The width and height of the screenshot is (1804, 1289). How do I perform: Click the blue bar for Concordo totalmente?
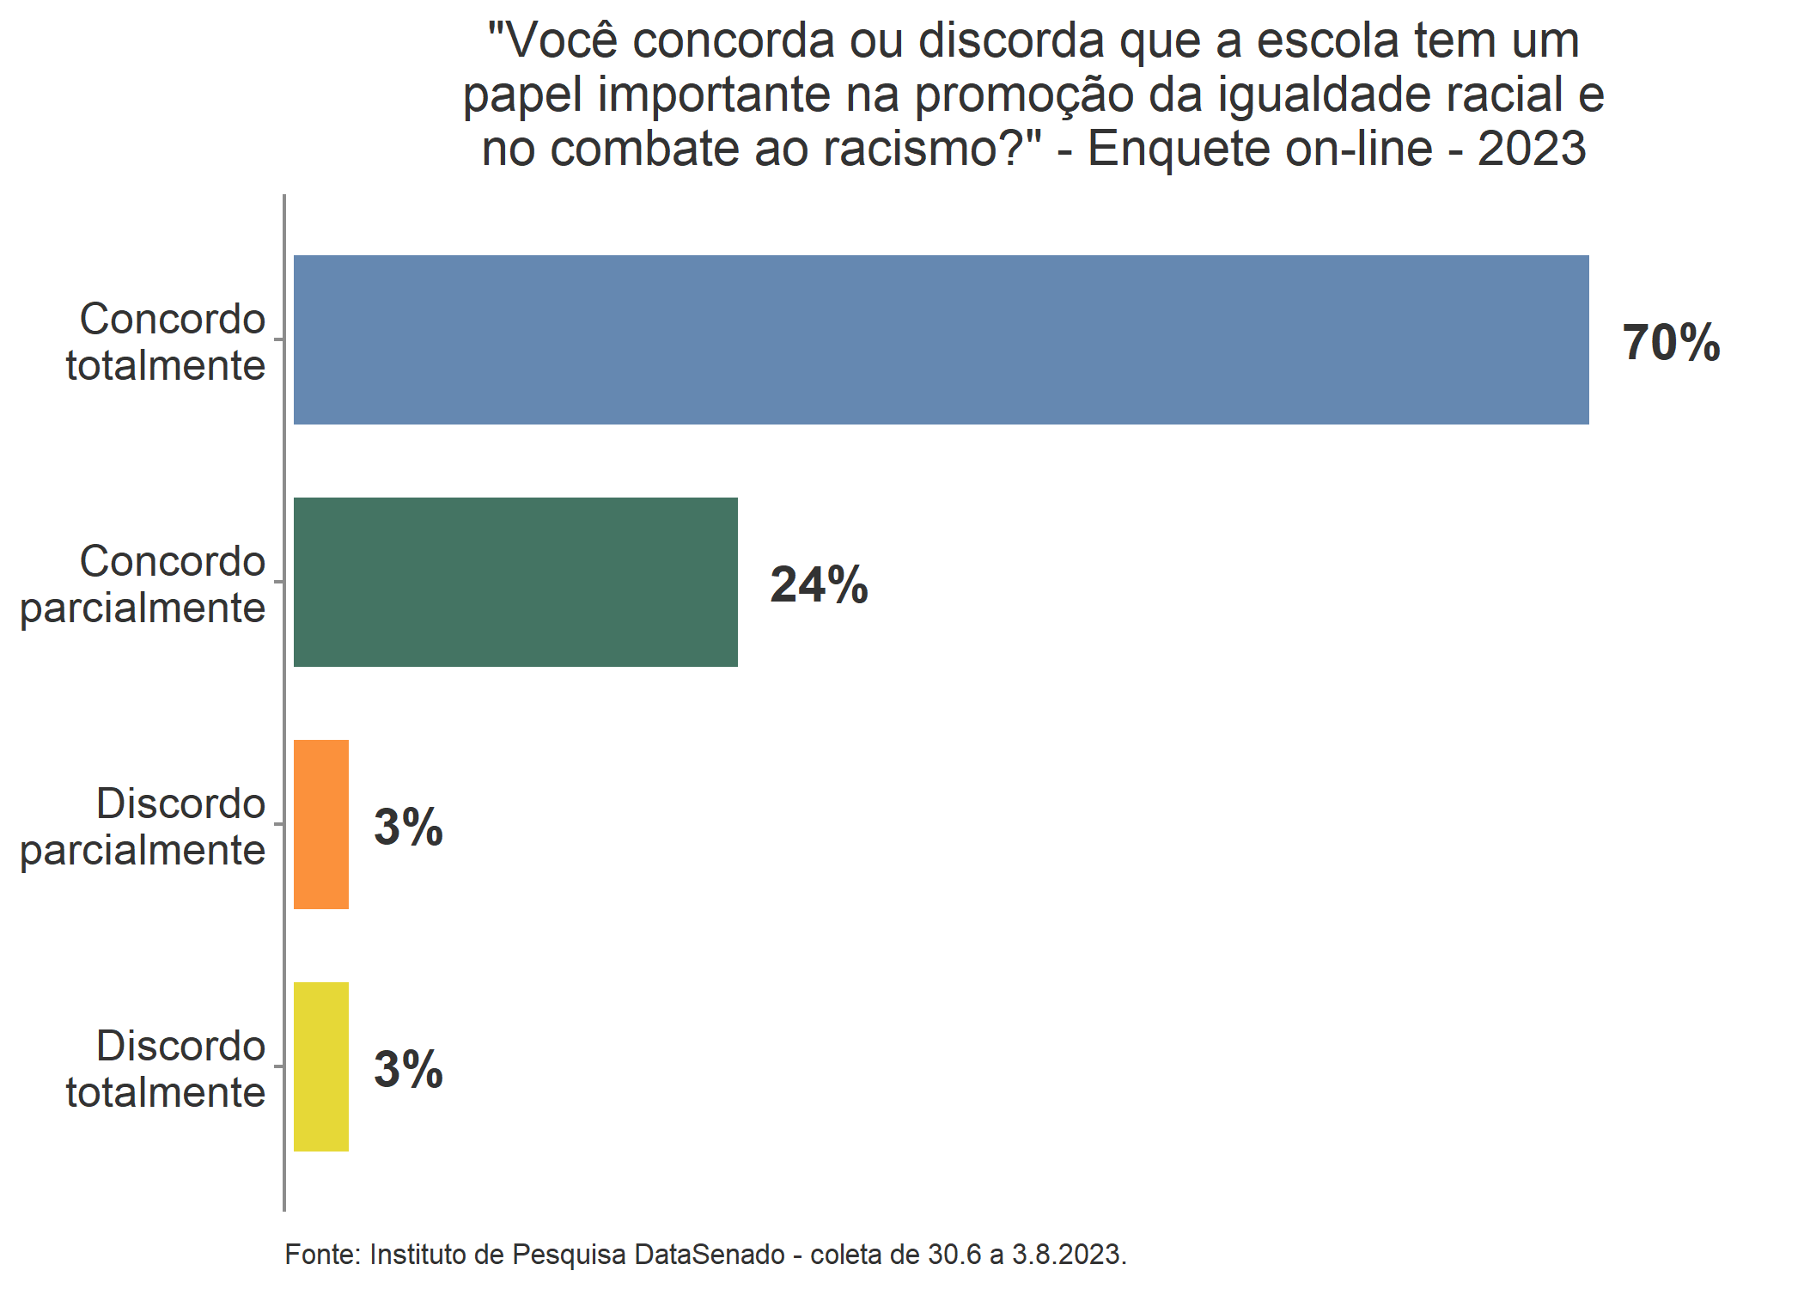(941, 339)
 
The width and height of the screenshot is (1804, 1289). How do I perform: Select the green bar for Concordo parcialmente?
(515, 582)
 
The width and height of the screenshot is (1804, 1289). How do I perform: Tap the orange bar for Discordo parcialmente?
(321, 824)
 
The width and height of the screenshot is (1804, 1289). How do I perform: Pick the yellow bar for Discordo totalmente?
(321, 1066)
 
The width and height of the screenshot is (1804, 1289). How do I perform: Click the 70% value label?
(1671, 343)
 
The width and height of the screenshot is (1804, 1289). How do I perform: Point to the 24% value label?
(819, 585)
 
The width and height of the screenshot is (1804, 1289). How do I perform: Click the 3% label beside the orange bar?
(408, 828)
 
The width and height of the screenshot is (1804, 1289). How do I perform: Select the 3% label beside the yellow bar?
(408, 1070)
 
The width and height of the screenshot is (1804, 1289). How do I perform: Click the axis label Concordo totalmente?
(166, 342)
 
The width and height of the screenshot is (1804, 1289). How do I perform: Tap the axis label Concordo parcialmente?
(143, 584)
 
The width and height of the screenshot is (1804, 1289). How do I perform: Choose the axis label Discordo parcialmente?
(143, 827)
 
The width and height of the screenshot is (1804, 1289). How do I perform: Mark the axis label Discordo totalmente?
(166, 1069)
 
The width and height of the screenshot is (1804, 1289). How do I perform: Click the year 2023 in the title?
(1531, 148)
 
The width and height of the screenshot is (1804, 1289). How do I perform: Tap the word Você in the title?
(564, 40)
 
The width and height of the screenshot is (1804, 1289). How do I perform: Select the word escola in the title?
(1328, 40)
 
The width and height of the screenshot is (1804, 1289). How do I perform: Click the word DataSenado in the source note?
(710, 1255)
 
